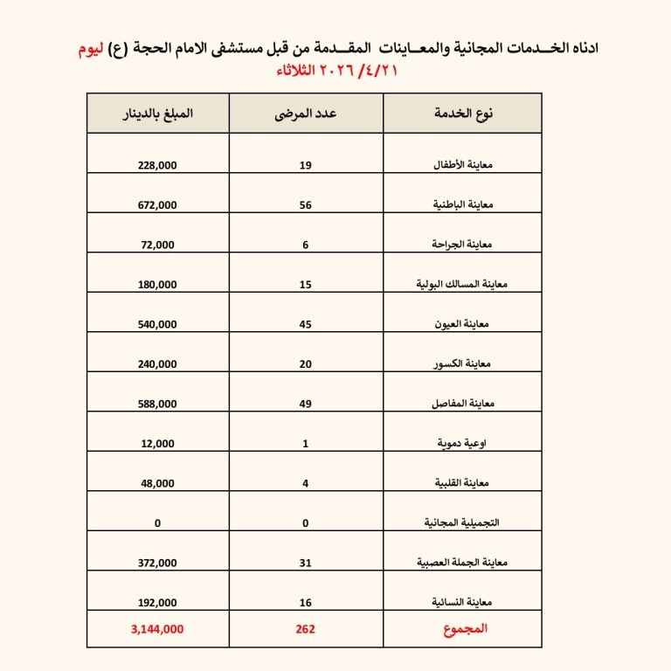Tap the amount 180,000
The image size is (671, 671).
point(157,284)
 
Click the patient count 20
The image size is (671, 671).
point(306,363)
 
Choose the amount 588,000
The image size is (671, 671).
point(157,404)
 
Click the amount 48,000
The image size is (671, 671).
point(157,483)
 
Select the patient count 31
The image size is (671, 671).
point(306,563)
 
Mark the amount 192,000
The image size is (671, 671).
point(157,603)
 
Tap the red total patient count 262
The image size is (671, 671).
point(306,628)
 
